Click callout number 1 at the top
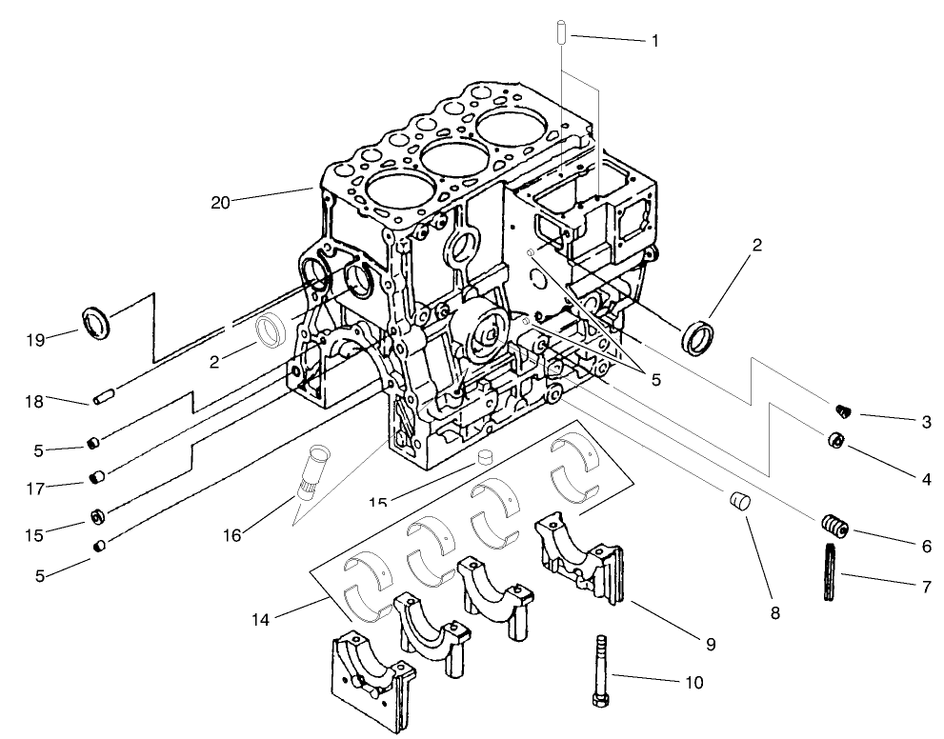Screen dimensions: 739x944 [x=655, y=41]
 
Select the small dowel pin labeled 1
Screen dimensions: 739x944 [x=561, y=31]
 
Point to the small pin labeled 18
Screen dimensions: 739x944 [x=104, y=394]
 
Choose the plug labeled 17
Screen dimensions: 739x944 [x=96, y=476]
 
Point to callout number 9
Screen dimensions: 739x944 [x=711, y=644]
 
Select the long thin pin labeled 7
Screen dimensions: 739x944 [x=829, y=570]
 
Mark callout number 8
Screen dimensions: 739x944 [x=774, y=614]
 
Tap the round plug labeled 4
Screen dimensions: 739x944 [x=834, y=440]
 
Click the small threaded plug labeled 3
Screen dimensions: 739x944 [x=841, y=410]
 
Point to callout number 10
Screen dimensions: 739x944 [x=693, y=682]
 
